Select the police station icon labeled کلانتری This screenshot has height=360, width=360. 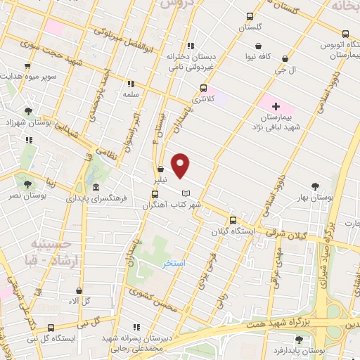point(203,89)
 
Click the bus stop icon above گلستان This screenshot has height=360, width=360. point(250,17)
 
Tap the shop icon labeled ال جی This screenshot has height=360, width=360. point(284,59)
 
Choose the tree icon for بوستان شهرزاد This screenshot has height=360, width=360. point(28,111)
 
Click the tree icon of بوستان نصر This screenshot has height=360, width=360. point(28,184)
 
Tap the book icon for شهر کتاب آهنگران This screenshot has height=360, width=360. point(185,193)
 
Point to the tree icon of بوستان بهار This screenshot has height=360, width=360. point(316,186)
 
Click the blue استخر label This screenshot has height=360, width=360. point(173,264)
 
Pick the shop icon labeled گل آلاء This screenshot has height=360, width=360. point(78,290)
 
